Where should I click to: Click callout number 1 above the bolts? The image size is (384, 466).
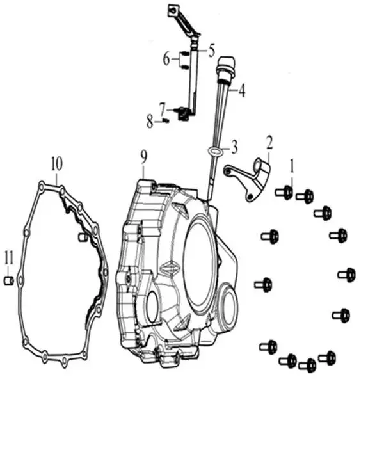point(292,166)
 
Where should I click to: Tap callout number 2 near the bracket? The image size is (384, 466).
point(269,143)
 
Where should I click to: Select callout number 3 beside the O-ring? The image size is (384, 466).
point(234,147)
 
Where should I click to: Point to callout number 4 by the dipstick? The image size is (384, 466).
point(242,91)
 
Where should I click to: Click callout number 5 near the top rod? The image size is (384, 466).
point(211,51)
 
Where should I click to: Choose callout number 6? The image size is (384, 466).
point(166,59)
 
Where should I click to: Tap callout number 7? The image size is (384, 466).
point(162,109)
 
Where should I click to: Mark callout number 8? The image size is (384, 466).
point(150,122)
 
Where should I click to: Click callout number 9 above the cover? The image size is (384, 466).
point(144,157)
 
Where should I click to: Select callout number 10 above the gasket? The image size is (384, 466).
point(56,164)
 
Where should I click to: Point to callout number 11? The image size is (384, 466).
point(8,258)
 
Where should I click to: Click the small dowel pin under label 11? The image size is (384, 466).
point(8,280)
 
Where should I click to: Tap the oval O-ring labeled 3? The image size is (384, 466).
point(214,150)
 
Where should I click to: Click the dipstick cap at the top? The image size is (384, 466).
point(227,67)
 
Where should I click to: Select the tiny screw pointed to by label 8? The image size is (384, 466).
point(166,120)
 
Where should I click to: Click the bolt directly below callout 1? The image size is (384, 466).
point(284,193)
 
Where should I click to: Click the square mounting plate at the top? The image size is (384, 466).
point(173,10)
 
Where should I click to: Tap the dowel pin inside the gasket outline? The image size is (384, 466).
point(83,237)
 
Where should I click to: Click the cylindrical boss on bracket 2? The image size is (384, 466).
point(262,167)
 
